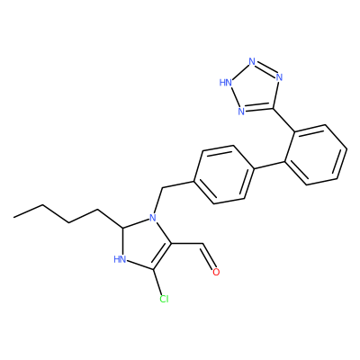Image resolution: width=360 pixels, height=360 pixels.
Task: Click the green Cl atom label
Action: coord(164,299)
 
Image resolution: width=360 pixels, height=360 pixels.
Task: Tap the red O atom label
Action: coord(216,272)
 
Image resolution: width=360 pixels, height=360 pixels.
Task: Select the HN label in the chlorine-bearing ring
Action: coord(120,259)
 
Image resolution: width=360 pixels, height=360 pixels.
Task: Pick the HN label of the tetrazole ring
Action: coord(226,82)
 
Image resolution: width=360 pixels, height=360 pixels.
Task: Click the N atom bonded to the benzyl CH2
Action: coord(153,217)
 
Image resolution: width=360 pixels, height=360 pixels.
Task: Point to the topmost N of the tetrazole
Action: coord(252,62)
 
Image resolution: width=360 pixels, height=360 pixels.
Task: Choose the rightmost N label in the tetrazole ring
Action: coord(279,77)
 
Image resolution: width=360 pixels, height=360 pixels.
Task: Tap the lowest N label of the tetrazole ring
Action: coord(241,112)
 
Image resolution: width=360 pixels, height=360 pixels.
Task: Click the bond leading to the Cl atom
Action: coord(158,282)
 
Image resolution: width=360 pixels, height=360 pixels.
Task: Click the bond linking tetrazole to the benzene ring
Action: coord(283,120)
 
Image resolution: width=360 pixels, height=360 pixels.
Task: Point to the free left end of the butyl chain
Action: coord(13,216)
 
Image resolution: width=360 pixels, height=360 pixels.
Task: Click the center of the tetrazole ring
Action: coord(255,89)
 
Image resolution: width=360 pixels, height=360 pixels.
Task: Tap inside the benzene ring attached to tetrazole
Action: coord(316,155)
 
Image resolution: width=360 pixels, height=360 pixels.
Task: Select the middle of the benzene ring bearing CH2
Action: coord(223,175)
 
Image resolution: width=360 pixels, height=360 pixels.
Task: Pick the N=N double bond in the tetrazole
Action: coord(265,68)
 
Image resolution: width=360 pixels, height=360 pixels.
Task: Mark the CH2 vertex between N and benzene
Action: coord(162,189)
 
